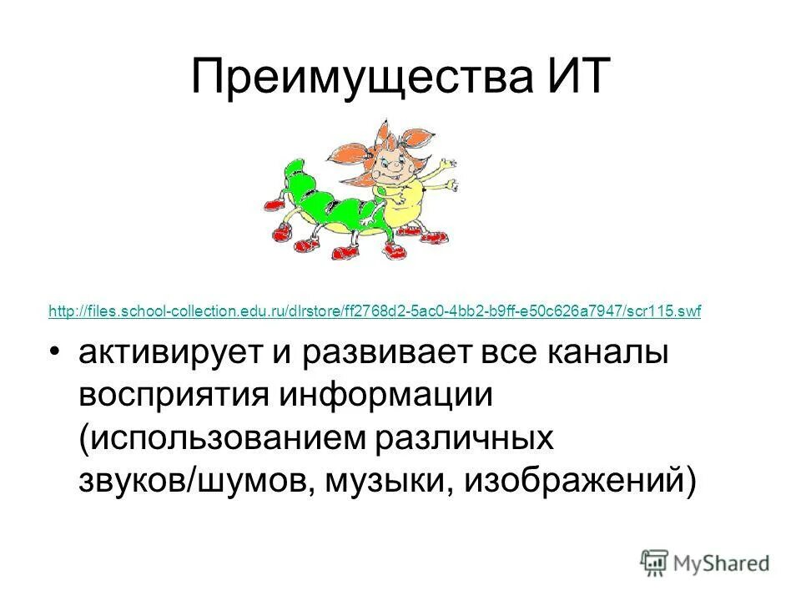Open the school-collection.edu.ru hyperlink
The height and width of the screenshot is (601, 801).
[375, 311]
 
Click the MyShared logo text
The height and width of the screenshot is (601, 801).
[723, 563]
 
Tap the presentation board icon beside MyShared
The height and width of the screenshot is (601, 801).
[656, 563]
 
